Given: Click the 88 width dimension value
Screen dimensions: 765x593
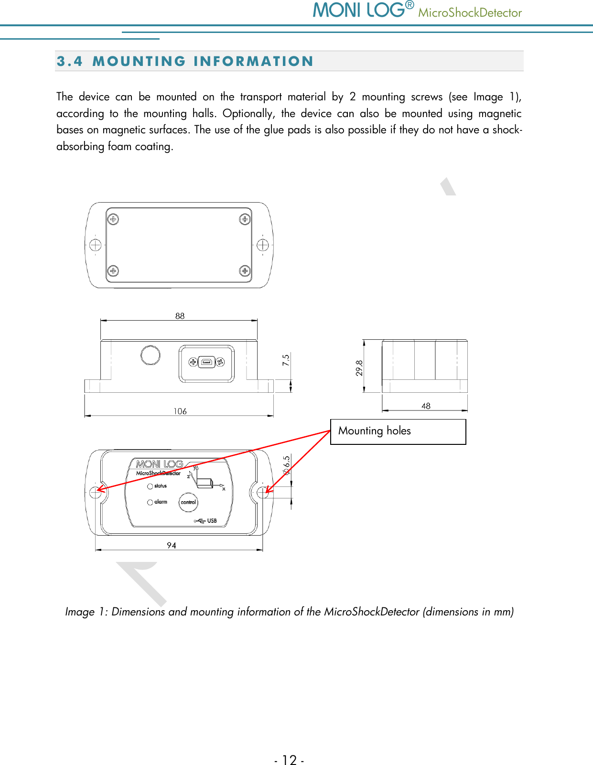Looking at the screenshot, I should pos(180,316).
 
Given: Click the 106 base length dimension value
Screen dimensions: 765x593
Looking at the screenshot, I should pos(180,411).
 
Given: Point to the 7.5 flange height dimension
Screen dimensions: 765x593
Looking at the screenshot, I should pos(286,360).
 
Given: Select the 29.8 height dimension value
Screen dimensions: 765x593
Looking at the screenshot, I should pos(359,368).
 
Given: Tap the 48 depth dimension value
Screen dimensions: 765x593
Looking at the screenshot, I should pos(426,406).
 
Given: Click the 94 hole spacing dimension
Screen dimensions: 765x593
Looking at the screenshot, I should pos(172,545).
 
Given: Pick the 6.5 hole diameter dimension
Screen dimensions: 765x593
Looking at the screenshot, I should pos(286,465).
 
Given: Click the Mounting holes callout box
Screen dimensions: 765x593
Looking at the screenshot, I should pos(398,431).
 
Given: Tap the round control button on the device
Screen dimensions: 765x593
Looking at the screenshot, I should pos(188,502).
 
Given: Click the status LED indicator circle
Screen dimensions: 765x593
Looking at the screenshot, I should pos(150,486).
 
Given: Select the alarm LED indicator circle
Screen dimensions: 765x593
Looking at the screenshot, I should pos(150,502).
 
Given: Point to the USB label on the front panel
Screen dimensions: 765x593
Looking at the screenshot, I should pos(212,521).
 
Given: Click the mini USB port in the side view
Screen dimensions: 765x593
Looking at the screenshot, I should pos(206,362).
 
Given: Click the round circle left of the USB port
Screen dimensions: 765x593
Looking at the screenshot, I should pos(150,355).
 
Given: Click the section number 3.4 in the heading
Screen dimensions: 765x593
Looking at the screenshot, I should pos(69,61).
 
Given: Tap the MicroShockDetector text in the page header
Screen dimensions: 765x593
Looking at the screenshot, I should pos(470,13).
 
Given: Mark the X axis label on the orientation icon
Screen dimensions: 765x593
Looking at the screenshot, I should pos(224,489).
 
